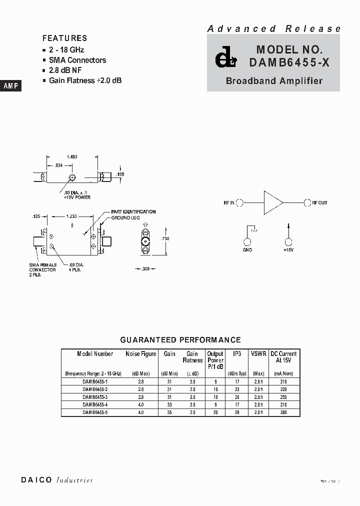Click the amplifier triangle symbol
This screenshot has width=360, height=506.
pos(272,202)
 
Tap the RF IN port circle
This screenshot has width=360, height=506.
pos(239,202)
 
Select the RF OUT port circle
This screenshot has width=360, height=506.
pos(306,202)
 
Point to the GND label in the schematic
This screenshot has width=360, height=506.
pos(247,249)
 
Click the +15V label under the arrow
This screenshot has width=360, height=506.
pos(288,249)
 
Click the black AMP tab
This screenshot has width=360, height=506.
pos(10,86)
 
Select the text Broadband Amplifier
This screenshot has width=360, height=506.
pos(274,80)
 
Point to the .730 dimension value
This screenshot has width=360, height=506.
pos(165,238)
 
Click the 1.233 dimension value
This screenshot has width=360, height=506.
pos(71,216)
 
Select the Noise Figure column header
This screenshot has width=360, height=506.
pos(141,353)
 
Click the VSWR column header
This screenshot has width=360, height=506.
pos(258,353)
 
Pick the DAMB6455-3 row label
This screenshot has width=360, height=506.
pos(95,396)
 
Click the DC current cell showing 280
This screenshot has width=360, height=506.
pos(283,412)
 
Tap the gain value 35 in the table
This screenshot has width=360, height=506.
pos(169,412)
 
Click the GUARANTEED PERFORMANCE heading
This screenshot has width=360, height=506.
pos(180,340)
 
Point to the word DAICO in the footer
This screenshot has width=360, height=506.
pos(36,480)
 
